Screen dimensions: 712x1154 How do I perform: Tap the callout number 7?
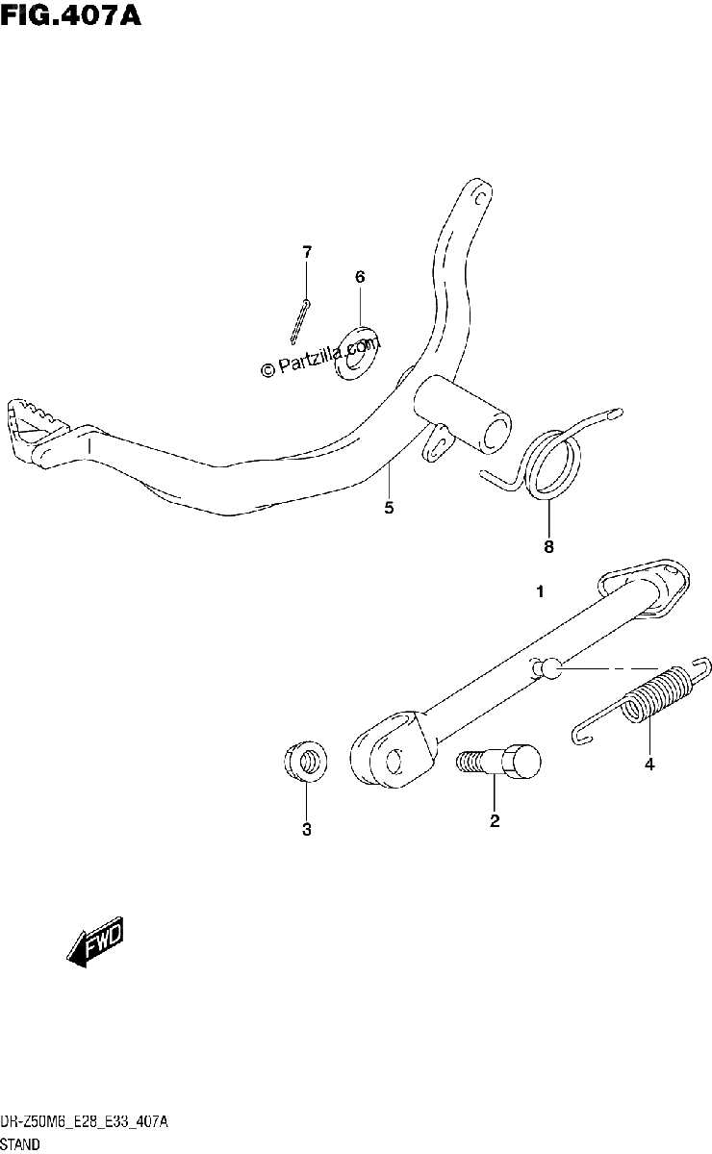click(307, 252)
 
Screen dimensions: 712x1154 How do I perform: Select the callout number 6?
click(360, 277)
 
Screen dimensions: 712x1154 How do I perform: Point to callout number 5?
click(390, 508)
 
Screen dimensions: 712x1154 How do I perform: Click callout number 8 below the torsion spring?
click(548, 546)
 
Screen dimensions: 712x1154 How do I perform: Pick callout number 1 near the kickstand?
click(541, 592)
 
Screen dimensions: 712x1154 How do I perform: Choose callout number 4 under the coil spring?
click(649, 765)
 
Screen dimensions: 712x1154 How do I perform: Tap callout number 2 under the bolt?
click(495, 820)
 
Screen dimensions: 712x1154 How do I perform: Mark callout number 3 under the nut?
click(307, 829)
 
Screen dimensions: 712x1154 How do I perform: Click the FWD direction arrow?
click(95, 941)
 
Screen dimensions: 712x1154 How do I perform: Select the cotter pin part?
click(300, 322)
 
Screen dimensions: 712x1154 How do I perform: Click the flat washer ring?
click(356, 353)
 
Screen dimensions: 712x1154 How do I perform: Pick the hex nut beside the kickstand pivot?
click(306, 762)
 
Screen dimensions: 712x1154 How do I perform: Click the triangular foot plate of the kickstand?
click(645, 588)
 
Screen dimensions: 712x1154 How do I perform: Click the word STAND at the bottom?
click(19, 1144)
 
